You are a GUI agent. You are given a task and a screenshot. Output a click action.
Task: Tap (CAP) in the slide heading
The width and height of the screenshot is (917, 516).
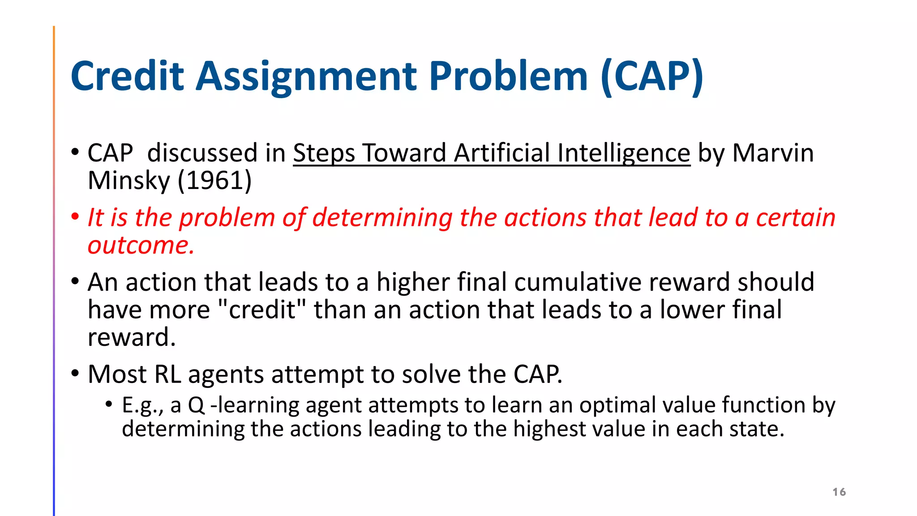[652, 77]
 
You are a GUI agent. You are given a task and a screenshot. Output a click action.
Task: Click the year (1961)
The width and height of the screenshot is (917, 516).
[214, 181]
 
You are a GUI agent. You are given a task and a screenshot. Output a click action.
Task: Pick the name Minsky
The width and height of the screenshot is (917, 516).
[129, 181]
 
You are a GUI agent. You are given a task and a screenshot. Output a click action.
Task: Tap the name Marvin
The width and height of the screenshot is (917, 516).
[773, 153]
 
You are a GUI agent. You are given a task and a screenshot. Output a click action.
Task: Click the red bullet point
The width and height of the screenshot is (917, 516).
[75, 217]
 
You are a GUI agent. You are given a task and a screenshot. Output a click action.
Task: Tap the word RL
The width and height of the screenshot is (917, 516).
[167, 374]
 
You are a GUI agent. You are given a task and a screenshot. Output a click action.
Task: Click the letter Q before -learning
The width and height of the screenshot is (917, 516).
[196, 405]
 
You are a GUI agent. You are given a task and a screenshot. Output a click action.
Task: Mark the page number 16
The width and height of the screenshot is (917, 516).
[839, 492]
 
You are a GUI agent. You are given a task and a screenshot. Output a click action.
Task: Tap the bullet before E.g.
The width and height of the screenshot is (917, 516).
[108, 404]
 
